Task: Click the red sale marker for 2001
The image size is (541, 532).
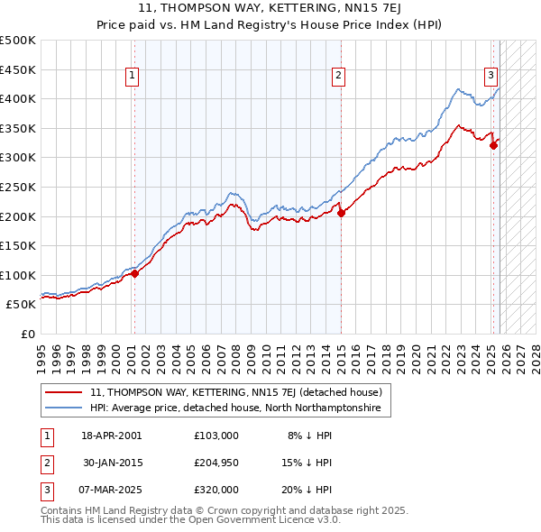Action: pos(134,273)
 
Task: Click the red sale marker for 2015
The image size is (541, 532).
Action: pos(341,214)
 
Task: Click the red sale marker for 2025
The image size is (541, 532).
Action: pos(493,146)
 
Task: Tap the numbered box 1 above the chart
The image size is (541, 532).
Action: pos(133,76)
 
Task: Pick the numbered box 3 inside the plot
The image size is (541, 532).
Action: pos(491,76)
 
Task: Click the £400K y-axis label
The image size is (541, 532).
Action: pos(18,99)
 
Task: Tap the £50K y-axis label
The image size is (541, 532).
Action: pos(21,305)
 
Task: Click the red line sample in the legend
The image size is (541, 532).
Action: pos(63,392)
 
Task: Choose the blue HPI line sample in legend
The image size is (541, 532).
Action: pos(63,408)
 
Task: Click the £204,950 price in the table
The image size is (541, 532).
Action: pos(215,463)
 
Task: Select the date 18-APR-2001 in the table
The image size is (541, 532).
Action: pos(112,436)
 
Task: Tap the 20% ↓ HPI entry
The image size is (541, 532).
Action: pos(309,490)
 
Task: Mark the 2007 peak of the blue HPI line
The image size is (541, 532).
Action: pos(233,192)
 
